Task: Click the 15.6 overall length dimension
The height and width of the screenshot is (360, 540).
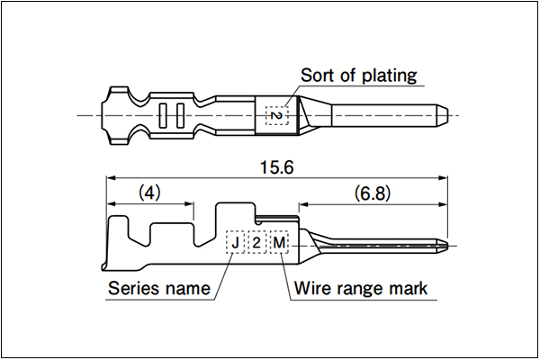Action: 277,167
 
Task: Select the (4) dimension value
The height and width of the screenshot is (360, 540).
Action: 149,193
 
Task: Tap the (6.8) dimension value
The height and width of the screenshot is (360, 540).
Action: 373,193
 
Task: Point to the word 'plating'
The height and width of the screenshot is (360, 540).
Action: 390,76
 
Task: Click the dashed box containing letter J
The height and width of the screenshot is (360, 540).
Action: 235,242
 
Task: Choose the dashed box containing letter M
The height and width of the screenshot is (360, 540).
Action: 279,242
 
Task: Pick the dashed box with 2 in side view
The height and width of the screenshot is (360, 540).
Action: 256,242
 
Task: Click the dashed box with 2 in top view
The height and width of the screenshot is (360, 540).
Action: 276,115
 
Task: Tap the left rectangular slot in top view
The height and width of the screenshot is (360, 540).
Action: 163,115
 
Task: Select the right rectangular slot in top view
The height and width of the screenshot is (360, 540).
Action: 180,115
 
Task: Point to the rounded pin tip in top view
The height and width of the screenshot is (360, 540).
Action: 445,115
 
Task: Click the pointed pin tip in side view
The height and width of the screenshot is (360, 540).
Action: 447,246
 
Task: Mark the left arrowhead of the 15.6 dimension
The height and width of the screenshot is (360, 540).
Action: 110,178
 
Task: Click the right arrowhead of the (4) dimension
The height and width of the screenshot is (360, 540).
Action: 190,204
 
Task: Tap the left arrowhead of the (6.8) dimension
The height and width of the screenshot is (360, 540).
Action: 302,204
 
